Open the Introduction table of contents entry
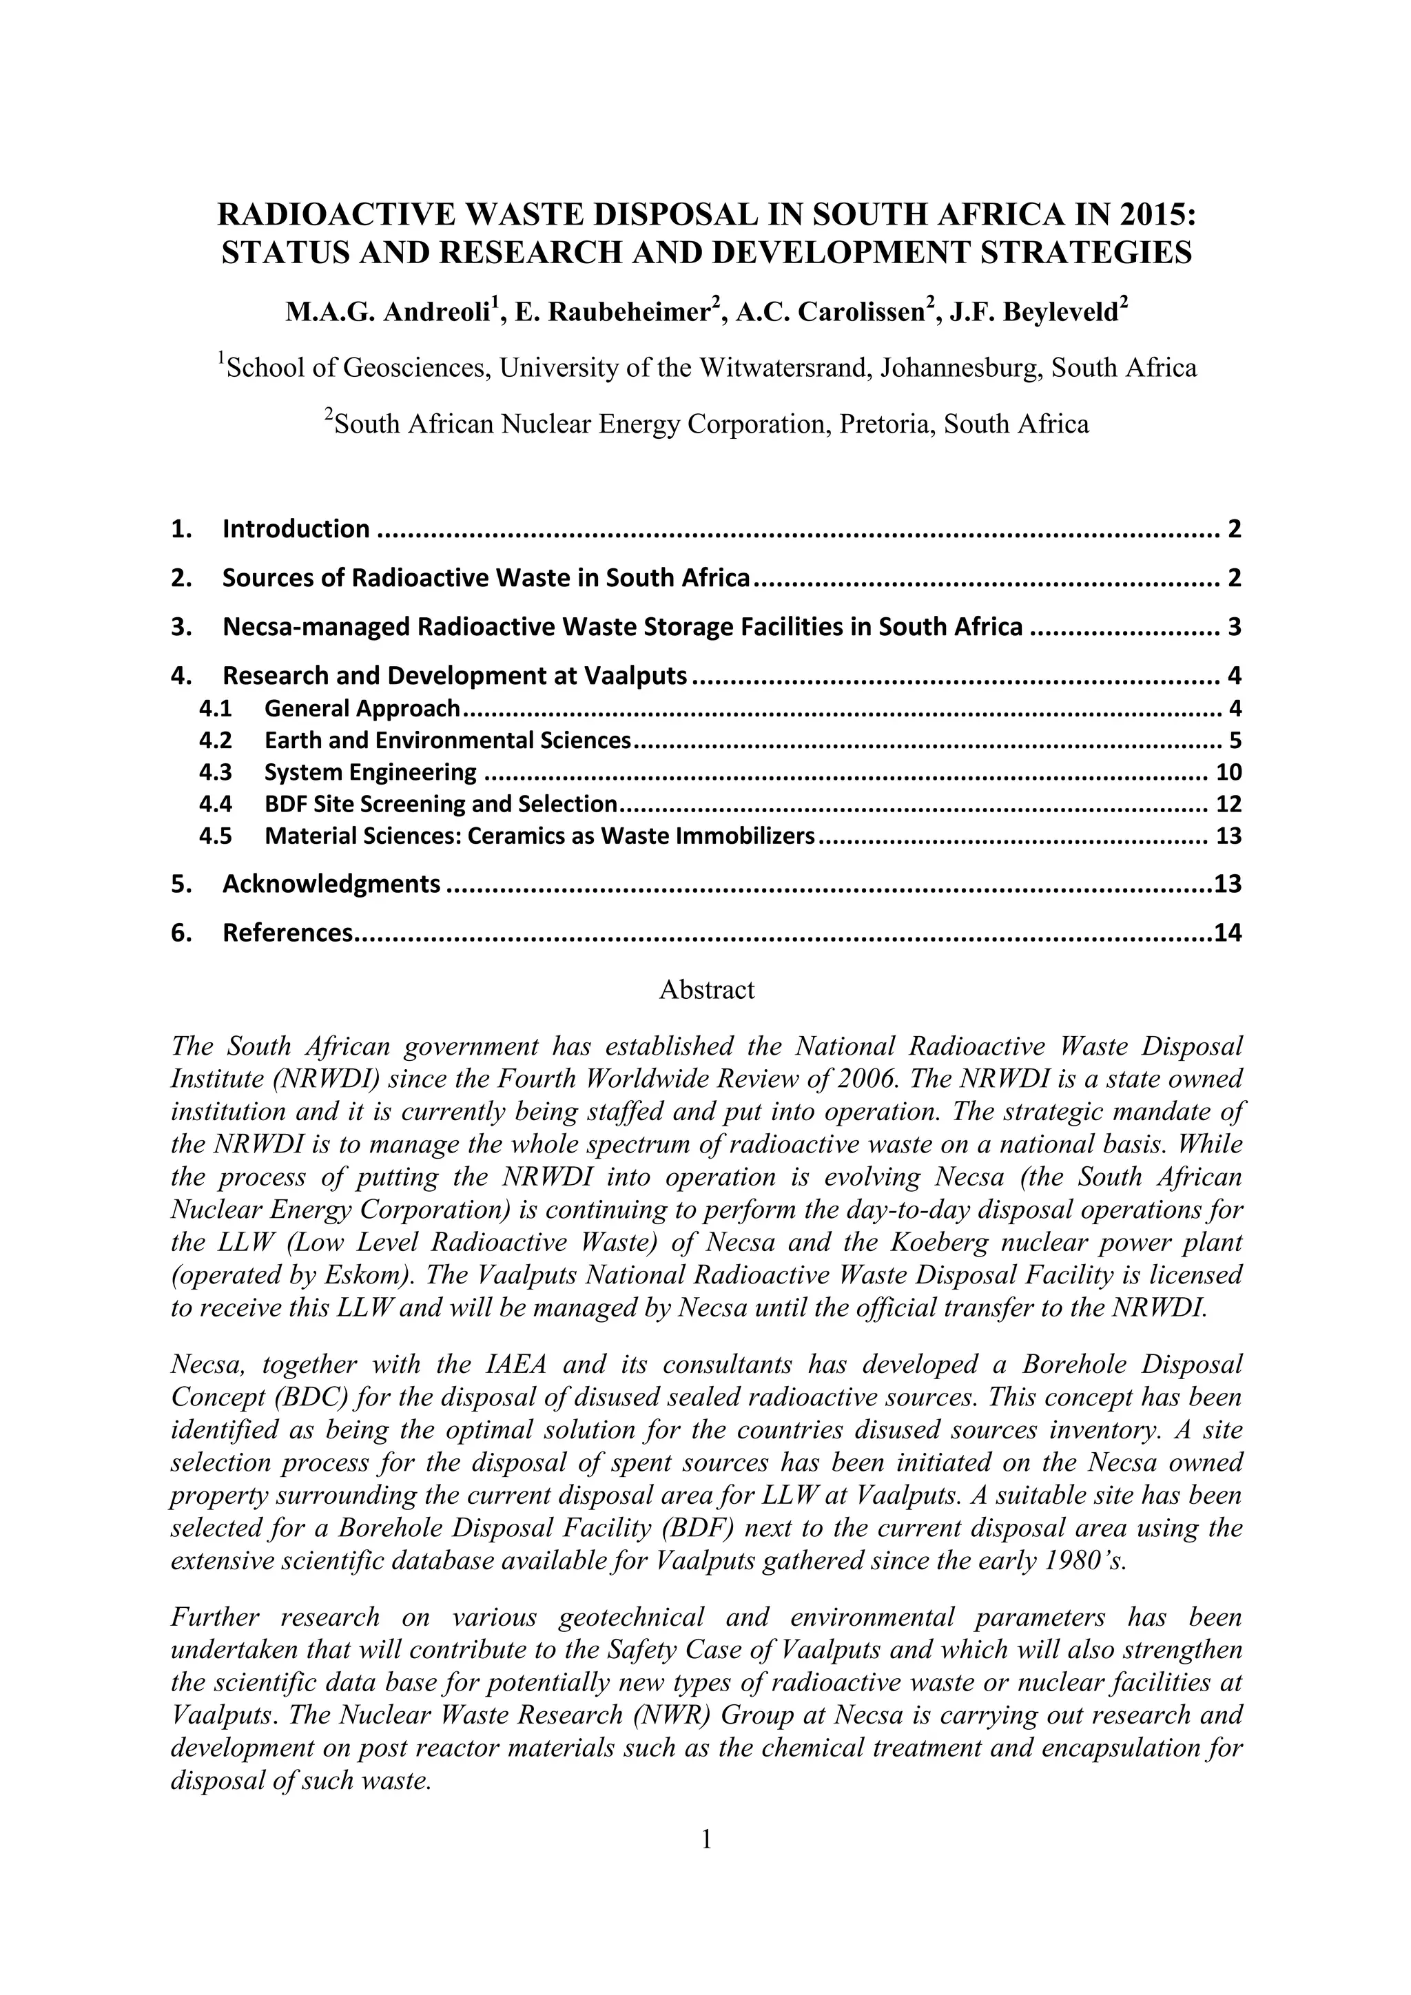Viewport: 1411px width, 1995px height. pos(296,529)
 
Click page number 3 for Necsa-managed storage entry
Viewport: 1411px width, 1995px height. pos(1235,628)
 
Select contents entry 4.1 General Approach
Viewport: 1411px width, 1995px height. pos(362,709)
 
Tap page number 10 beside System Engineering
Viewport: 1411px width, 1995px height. pos(1228,772)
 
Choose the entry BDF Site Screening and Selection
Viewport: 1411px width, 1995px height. pos(440,805)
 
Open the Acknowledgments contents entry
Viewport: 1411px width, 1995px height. pos(331,885)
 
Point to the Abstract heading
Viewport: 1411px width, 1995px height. pos(705,990)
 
